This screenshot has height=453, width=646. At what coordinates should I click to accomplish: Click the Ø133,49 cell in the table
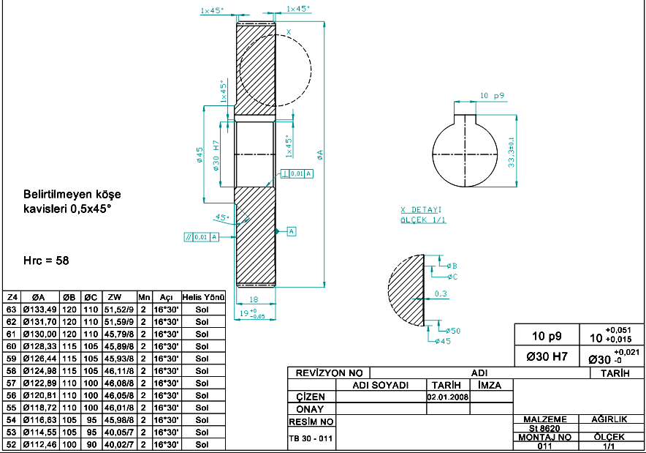(39, 310)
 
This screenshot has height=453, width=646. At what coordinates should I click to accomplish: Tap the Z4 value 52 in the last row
(11, 445)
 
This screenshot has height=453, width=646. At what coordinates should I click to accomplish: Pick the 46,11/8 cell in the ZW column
(118, 371)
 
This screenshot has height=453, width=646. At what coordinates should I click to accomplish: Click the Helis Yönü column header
(204, 297)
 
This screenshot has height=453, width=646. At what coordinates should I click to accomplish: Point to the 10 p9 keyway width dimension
(492, 96)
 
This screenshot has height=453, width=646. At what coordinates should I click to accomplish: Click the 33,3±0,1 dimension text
(512, 152)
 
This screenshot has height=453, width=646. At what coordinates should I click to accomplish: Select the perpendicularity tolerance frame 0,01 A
(297, 173)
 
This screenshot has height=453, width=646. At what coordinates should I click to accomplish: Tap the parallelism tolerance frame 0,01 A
(201, 237)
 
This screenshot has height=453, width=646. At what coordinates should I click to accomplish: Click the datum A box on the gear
(292, 231)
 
